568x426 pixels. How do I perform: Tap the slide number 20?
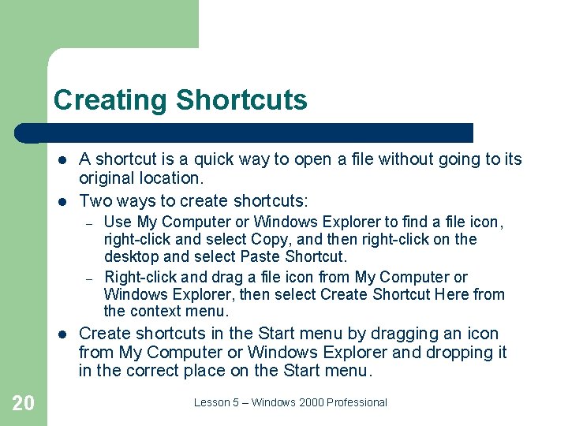pyautogui.click(x=24, y=403)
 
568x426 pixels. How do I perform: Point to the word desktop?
pyautogui.click(x=131, y=256)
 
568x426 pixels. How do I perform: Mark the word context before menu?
pyautogui.click(x=155, y=311)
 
